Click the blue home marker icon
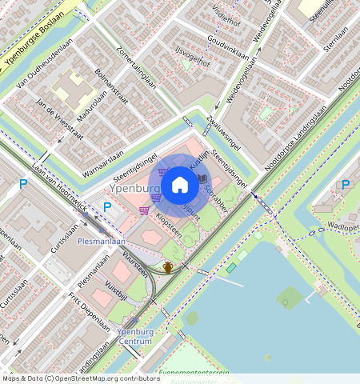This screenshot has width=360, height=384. (180, 186)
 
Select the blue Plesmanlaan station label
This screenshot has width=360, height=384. (102, 240)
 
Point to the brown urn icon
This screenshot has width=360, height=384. (169, 267)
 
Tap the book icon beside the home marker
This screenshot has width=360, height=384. (202, 178)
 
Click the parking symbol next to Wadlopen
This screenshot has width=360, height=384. (346, 185)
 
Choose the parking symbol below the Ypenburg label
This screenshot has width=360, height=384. (106, 206)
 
